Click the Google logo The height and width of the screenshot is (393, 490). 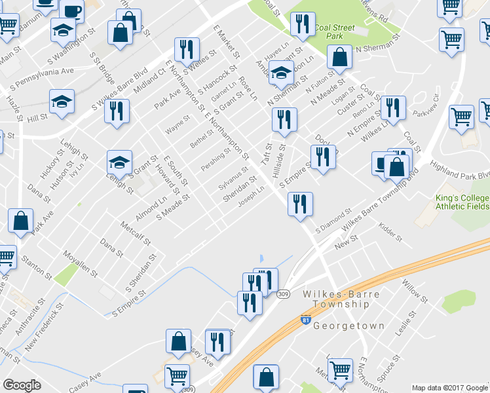pos(22,384)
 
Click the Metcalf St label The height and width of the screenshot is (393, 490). pos(136,234)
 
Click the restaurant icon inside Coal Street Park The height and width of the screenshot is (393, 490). pos(302,25)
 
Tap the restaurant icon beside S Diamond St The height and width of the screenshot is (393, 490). pos(300,203)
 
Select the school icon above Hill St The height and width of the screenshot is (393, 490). pos(62,102)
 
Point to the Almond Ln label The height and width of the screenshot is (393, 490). pos(151,204)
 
